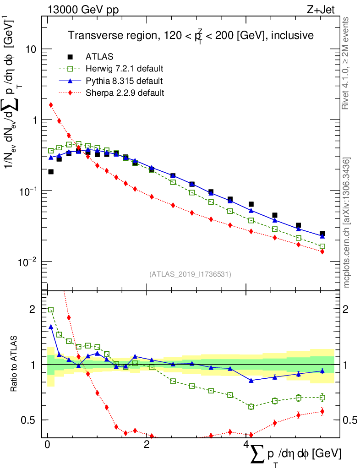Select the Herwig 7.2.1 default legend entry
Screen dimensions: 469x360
pyautogui.click(x=124, y=69)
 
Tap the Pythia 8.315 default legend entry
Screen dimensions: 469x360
pyautogui.click(x=124, y=81)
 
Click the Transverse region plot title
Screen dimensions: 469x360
pyautogui.click(x=191, y=36)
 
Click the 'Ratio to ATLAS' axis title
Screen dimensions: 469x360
pyautogui.click(x=15, y=365)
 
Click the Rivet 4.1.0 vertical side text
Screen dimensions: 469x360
pyautogui.click(x=346, y=64)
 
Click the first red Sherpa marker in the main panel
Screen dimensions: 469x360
pyautogui.click(x=51, y=105)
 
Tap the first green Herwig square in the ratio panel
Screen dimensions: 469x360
pyautogui.click(x=51, y=310)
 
